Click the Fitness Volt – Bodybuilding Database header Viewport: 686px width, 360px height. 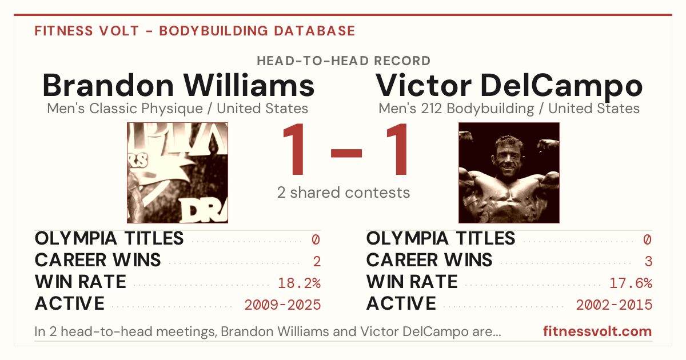click(x=195, y=31)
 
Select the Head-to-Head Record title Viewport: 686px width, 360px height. click(x=344, y=61)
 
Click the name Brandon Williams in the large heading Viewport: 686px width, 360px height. click(x=178, y=85)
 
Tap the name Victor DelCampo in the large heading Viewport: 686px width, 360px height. click(x=509, y=86)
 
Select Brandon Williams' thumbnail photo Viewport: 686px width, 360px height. click(x=178, y=173)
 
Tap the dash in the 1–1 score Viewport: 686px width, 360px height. click(x=346, y=153)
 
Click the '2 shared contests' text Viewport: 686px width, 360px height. click(x=344, y=193)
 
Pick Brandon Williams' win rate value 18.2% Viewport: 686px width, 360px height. click(x=299, y=283)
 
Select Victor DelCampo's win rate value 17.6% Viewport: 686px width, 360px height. click(x=631, y=283)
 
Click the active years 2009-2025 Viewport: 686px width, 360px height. click(x=282, y=305)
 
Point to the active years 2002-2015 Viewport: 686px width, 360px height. click(x=614, y=305)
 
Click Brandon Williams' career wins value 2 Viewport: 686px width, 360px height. click(x=317, y=262)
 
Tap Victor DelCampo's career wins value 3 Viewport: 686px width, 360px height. click(x=648, y=262)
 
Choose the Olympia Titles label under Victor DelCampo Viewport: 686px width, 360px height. click(x=441, y=238)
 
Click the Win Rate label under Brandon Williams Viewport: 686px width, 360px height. click(x=81, y=282)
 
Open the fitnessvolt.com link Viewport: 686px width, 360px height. click(x=597, y=331)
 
